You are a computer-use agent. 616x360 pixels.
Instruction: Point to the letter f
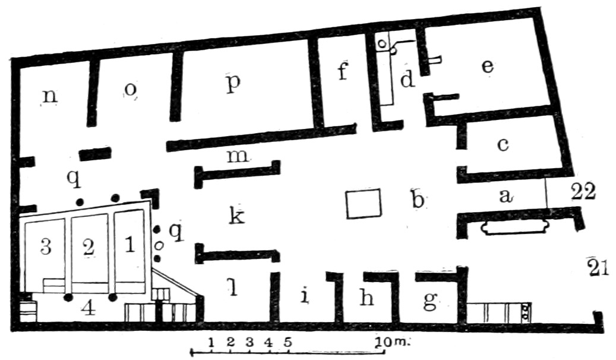point(342,74)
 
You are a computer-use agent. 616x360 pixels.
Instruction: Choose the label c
point(503,145)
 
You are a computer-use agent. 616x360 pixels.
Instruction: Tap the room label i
point(304,295)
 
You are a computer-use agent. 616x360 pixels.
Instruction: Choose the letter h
point(367,299)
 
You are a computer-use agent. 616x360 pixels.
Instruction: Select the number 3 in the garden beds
point(46,247)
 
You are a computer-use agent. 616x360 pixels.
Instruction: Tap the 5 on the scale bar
point(288,342)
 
